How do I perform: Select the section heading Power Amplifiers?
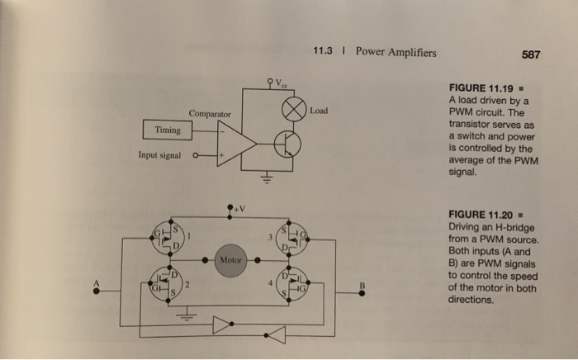[396, 54]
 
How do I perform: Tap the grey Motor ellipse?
[231, 260]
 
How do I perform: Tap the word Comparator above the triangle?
[211, 112]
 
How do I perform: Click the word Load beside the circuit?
[321, 108]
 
